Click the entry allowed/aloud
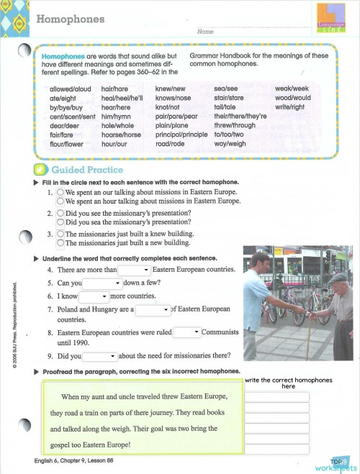coord(71,88)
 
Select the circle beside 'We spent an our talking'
coord(61,193)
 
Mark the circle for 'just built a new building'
coord(61,242)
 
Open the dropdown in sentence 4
coord(134,270)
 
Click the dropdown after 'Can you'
coord(102,283)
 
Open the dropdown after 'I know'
coord(94,296)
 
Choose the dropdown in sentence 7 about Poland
coord(152,309)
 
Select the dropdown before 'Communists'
coord(186,332)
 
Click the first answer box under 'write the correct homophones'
coord(276,396)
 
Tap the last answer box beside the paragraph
coord(276,450)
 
